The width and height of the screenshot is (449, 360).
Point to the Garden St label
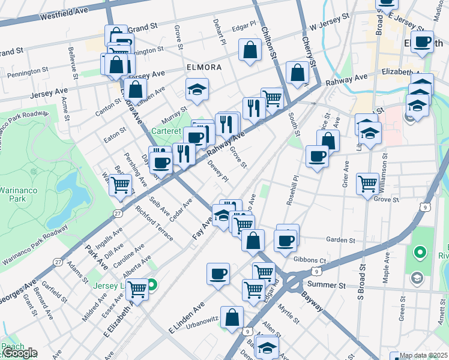click(341, 240)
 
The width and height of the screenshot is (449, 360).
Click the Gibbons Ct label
click(310, 260)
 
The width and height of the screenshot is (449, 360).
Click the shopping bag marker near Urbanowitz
click(232, 318)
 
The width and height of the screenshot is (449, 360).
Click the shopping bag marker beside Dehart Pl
click(249, 50)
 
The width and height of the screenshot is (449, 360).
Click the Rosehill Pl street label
click(294, 191)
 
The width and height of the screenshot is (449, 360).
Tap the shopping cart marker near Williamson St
click(367, 184)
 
